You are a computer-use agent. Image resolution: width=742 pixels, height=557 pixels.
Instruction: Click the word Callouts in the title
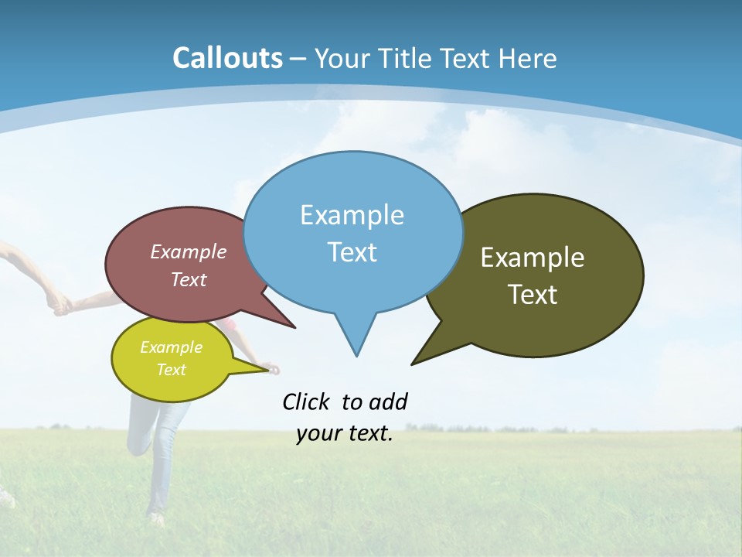(227, 58)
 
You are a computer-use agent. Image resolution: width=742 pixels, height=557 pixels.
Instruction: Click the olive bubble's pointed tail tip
(413, 364)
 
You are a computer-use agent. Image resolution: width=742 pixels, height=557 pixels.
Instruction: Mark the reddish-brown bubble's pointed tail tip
(294, 327)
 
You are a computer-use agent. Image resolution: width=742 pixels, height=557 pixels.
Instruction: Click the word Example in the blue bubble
(352, 215)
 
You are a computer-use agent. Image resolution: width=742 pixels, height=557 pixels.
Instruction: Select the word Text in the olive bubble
(533, 295)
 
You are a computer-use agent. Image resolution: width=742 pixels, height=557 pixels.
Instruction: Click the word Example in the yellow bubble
(171, 347)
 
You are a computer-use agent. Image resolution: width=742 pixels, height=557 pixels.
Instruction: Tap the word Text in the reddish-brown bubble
(189, 280)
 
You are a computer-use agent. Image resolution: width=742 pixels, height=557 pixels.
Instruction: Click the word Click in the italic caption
(308, 402)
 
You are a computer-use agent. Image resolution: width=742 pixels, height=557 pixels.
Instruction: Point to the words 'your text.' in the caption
(345, 434)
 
